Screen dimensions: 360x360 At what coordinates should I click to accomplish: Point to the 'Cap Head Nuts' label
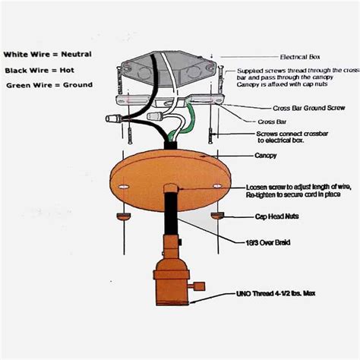(x=275, y=216)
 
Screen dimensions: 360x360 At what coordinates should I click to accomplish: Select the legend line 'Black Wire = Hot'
(x=39, y=69)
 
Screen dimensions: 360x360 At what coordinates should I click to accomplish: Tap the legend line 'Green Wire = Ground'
(x=49, y=84)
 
